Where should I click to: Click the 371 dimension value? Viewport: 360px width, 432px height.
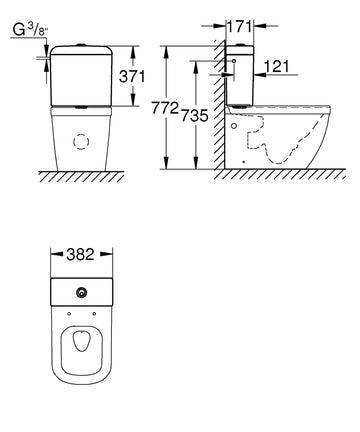132,77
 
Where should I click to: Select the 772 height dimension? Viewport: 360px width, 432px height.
165,108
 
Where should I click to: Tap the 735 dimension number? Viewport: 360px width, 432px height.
195,115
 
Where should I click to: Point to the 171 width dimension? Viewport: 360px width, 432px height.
240,26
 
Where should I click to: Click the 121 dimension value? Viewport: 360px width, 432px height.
277,67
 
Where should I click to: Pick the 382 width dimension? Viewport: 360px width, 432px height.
80,254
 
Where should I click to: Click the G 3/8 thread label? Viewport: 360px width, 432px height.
30,30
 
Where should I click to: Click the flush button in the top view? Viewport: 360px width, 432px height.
81,293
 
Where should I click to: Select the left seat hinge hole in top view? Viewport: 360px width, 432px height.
69,314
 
